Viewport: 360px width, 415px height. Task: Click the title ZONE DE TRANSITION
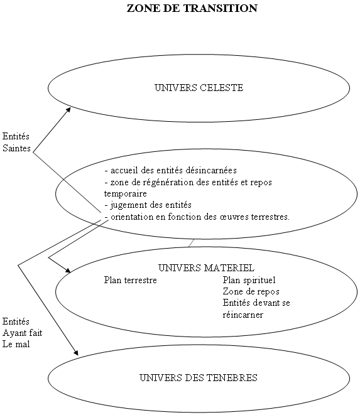coord(192,8)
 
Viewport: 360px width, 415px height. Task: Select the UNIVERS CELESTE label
coord(199,88)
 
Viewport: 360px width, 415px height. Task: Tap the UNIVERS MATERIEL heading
coord(206,268)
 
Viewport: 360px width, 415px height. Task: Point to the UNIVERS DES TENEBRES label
coord(199,377)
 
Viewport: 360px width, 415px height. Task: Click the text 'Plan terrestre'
coord(130,280)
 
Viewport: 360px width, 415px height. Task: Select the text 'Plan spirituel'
coord(249,280)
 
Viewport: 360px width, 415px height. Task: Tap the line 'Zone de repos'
coord(251,291)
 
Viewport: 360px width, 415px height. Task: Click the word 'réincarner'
coord(243,315)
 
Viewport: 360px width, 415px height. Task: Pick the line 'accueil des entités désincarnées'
coord(173,170)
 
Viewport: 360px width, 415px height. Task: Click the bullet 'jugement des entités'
coord(151,205)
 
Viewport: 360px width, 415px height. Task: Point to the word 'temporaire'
coord(125,194)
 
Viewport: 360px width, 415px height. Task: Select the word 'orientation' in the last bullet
coord(132,217)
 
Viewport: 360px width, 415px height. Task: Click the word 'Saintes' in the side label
coord(17,148)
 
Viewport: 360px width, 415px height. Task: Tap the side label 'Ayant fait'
coord(23,333)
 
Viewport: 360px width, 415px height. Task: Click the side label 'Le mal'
coord(16,344)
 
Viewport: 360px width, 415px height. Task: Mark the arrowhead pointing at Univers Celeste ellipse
coord(68,110)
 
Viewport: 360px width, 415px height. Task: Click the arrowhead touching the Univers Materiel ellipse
coord(68,270)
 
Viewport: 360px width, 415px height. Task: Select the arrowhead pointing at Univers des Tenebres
coord(76,353)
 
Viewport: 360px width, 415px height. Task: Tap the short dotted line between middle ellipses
coord(191,243)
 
